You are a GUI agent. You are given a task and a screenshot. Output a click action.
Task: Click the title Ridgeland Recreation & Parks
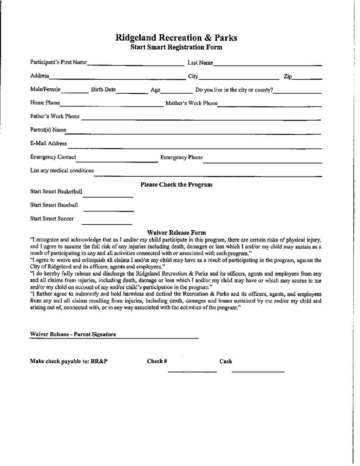pos(176,38)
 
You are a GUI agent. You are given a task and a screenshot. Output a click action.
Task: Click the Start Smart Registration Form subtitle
pos(176,47)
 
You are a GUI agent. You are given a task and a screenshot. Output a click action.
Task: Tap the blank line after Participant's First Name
pos(134,64)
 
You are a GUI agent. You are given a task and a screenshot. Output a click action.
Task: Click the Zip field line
pos(307,78)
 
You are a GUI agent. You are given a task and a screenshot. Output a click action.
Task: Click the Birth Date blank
pos(129,91)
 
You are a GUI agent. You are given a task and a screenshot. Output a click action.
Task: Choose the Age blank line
pos(177,91)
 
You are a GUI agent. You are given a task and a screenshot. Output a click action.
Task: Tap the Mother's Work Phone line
pos(270,105)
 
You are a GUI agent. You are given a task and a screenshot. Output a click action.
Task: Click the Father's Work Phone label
pos(55,116)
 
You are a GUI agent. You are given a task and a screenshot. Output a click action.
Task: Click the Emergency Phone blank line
pos(262,160)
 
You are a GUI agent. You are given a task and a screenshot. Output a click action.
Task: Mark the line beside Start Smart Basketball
pos(107,196)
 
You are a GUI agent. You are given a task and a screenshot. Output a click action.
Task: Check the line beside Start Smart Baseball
pos(108,210)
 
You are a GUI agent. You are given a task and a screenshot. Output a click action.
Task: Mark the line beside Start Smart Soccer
pos(106,223)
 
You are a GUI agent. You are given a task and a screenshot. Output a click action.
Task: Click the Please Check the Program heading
pos(177,185)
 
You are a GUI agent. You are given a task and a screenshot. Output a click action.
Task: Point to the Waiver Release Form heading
pos(177,232)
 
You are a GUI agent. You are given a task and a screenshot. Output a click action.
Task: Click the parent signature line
pos(157,338)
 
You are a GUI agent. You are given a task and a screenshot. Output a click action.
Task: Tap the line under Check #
pos(192,372)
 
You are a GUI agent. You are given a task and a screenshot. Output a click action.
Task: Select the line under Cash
pos(258,372)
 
